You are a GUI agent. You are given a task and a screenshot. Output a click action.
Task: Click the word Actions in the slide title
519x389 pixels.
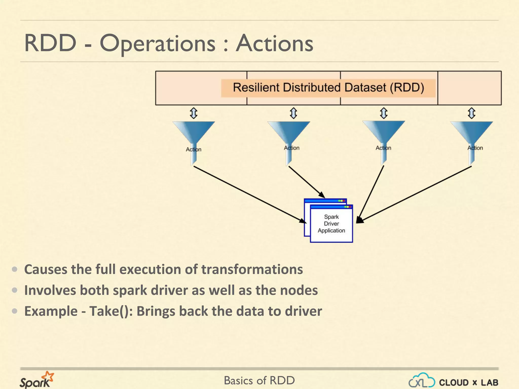click(x=274, y=44)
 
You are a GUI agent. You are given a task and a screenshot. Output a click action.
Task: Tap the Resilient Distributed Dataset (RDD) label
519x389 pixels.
click(x=328, y=88)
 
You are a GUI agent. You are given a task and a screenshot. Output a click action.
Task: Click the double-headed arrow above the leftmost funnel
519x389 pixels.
click(x=194, y=113)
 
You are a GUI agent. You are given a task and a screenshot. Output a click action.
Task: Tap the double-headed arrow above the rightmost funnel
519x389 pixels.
click(x=471, y=113)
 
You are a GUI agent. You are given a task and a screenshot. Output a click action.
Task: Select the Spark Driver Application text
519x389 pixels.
click(x=331, y=224)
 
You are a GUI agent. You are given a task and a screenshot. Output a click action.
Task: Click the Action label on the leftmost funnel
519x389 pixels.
click(x=194, y=149)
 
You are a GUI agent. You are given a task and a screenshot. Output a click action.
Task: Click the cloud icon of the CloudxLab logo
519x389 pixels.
click(x=422, y=380)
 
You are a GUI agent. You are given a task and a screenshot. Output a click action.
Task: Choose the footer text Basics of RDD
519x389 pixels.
click(x=259, y=380)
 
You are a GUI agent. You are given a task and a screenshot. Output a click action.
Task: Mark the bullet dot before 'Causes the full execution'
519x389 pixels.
click(x=15, y=269)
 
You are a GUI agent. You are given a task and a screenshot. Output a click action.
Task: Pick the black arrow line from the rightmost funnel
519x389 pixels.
click(x=416, y=194)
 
